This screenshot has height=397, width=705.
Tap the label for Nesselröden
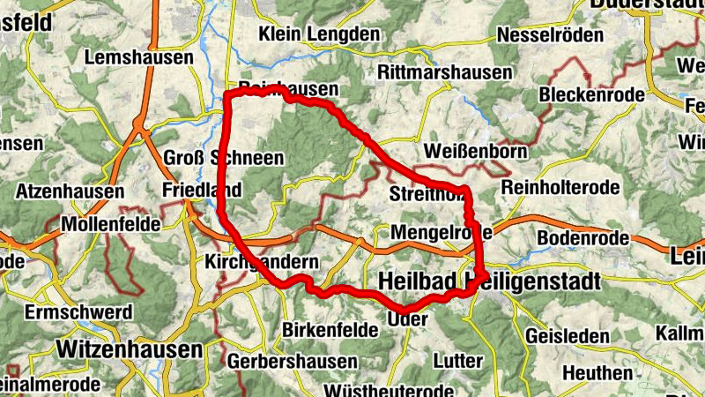(x=551, y=35)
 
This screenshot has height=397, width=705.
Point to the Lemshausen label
(x=139, y=57)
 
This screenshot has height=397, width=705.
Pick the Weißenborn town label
(x=476, y=151)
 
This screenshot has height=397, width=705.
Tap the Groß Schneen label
(x=224, y=158)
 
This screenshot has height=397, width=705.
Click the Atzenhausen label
(x=64, y=190)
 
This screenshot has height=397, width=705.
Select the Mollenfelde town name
(x=111, y=225)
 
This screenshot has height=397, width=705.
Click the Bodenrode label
(x=583, y=238)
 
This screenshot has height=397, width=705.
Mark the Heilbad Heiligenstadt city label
(x=488, y=281)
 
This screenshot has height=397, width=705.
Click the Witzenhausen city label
(x=130, y=349)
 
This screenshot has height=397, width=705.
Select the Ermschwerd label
(x=79, y=312)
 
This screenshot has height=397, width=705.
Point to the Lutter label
(x=458, y=361)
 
